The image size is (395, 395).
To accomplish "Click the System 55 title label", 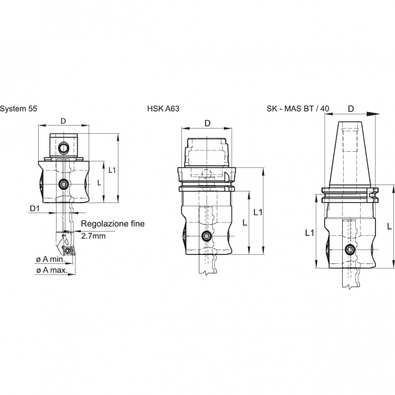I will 18,108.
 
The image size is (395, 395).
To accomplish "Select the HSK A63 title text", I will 164,108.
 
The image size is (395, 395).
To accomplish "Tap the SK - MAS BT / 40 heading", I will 298,108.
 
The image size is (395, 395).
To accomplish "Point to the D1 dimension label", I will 35,209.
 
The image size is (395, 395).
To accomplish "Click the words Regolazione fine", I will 113,224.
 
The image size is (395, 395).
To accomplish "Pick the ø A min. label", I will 50,260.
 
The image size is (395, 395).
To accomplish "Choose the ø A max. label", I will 51,270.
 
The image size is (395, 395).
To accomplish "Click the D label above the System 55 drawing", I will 63,121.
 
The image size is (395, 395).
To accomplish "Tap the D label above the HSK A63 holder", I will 207,123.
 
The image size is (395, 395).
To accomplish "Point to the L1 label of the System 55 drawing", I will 112,170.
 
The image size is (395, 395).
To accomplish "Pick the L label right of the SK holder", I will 389,226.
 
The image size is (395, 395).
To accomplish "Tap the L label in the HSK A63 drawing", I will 244,223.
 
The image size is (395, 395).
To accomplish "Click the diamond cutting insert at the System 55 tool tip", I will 68,248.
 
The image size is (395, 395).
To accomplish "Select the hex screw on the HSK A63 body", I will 205,236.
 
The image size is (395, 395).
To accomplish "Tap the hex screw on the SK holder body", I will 349,250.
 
